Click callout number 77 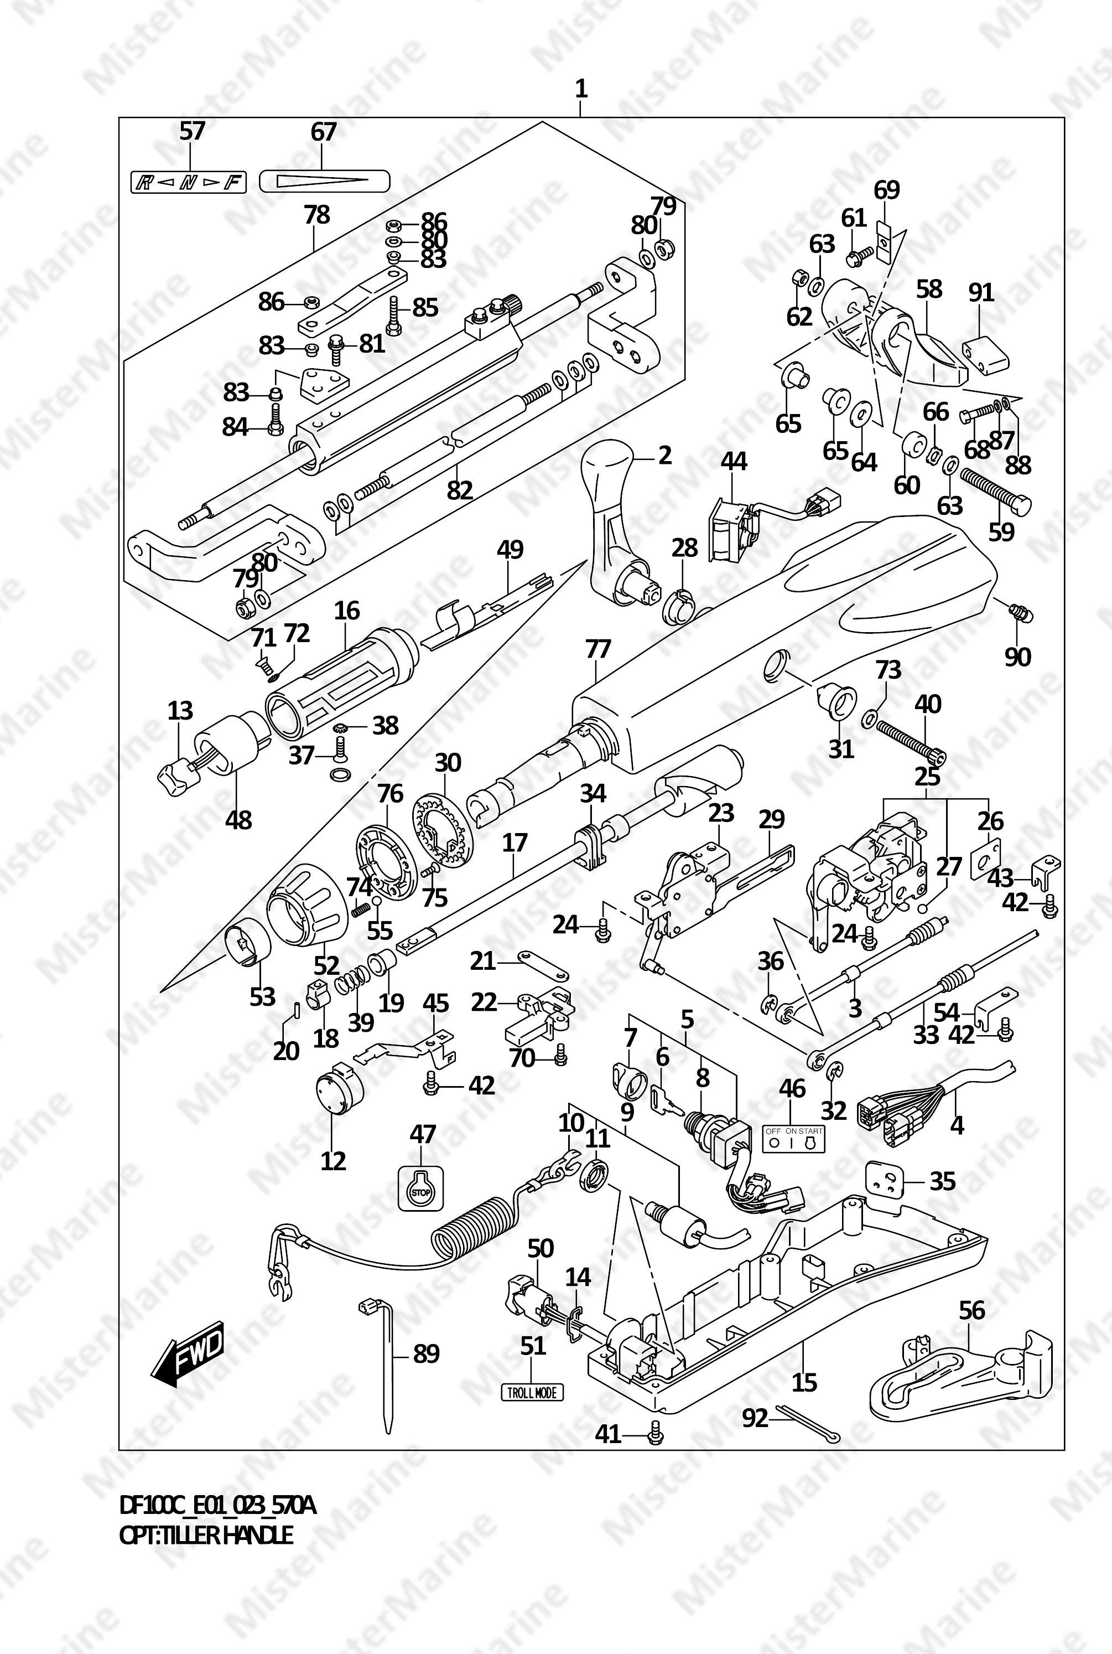click(x=598, y=649)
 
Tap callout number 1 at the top click(x=581, y=90)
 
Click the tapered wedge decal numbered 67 click(x=324, y=181)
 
